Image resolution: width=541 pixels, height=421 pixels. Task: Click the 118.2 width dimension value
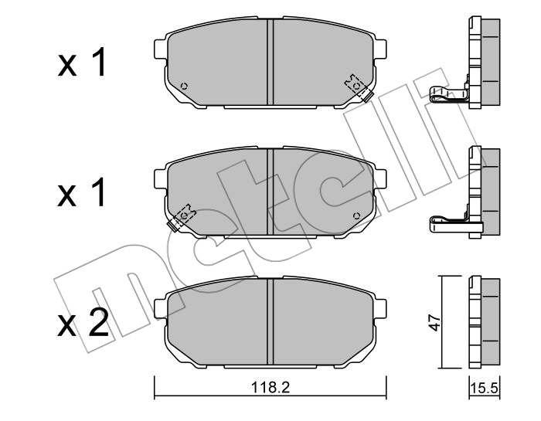[x=270, y=388]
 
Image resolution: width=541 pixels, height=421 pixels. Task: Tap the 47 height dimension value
[x=435, y=322]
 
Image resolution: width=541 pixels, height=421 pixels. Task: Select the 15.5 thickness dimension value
[x=485, y=389]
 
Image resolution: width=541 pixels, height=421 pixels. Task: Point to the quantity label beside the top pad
[x=81, y=63]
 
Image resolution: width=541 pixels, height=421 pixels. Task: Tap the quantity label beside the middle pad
[x=81, y=192]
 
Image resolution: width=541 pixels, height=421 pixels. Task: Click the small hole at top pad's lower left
[x=184, y=86]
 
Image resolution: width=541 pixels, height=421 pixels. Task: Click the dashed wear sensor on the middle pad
[x=182, y=218]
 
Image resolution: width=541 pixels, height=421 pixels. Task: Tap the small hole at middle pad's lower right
[x=357, y=216]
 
